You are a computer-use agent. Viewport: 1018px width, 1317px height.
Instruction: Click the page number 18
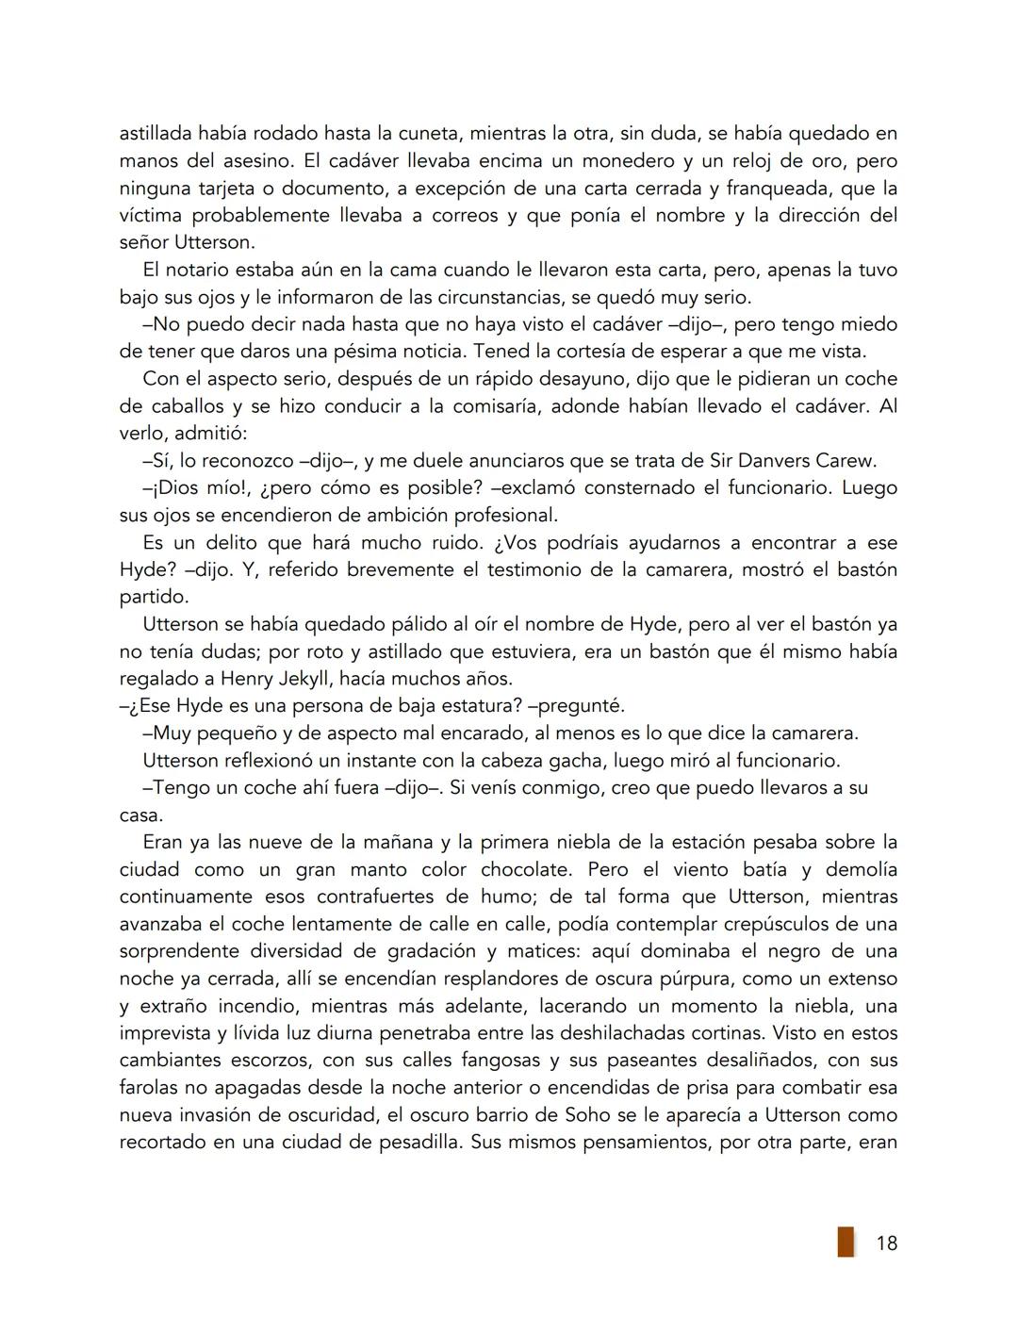(886, 1243)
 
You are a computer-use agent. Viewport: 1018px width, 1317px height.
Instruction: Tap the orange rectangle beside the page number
(846, 1242)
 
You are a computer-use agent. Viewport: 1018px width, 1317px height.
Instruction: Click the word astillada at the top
(155, 133)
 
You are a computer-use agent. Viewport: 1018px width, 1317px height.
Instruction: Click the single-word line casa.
(140, 815)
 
